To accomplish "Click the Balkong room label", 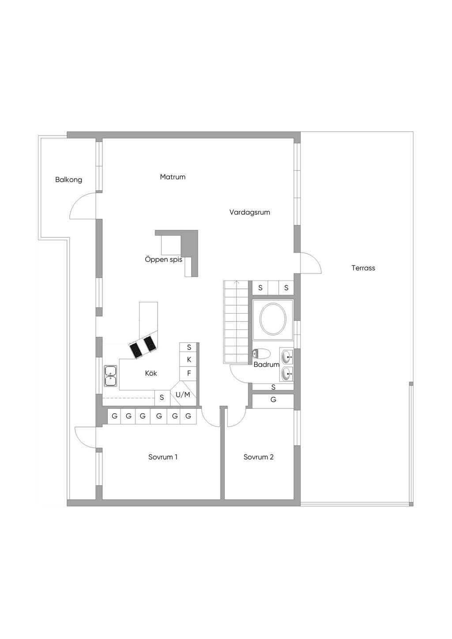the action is click(x=68, y=180).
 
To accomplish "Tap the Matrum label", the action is click(x=173, y=177).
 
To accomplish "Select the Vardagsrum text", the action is click(x=249, y=212).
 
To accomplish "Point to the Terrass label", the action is click(x=363, y=268).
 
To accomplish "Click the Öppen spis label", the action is click(x=164, y=260).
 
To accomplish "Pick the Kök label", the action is click(x=151, y=373).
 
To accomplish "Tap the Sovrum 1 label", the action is click(x=163, y=457).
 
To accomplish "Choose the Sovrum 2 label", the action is click(x=258, y=457).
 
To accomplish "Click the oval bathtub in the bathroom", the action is click(x=273, y=319).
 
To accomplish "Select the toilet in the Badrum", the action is click(x=261, y=353).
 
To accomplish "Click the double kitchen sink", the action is click(x=110, y=376).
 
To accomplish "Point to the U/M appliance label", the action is click(x=183, y=395).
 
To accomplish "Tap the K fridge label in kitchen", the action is click(x=189, y=360).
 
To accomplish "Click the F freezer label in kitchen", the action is click(x=189, y=373).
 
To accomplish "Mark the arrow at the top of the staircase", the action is click(x=237, y=282).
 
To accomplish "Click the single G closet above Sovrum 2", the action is click(x=273, y=400).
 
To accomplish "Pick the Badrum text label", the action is click(x=266, y=365).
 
